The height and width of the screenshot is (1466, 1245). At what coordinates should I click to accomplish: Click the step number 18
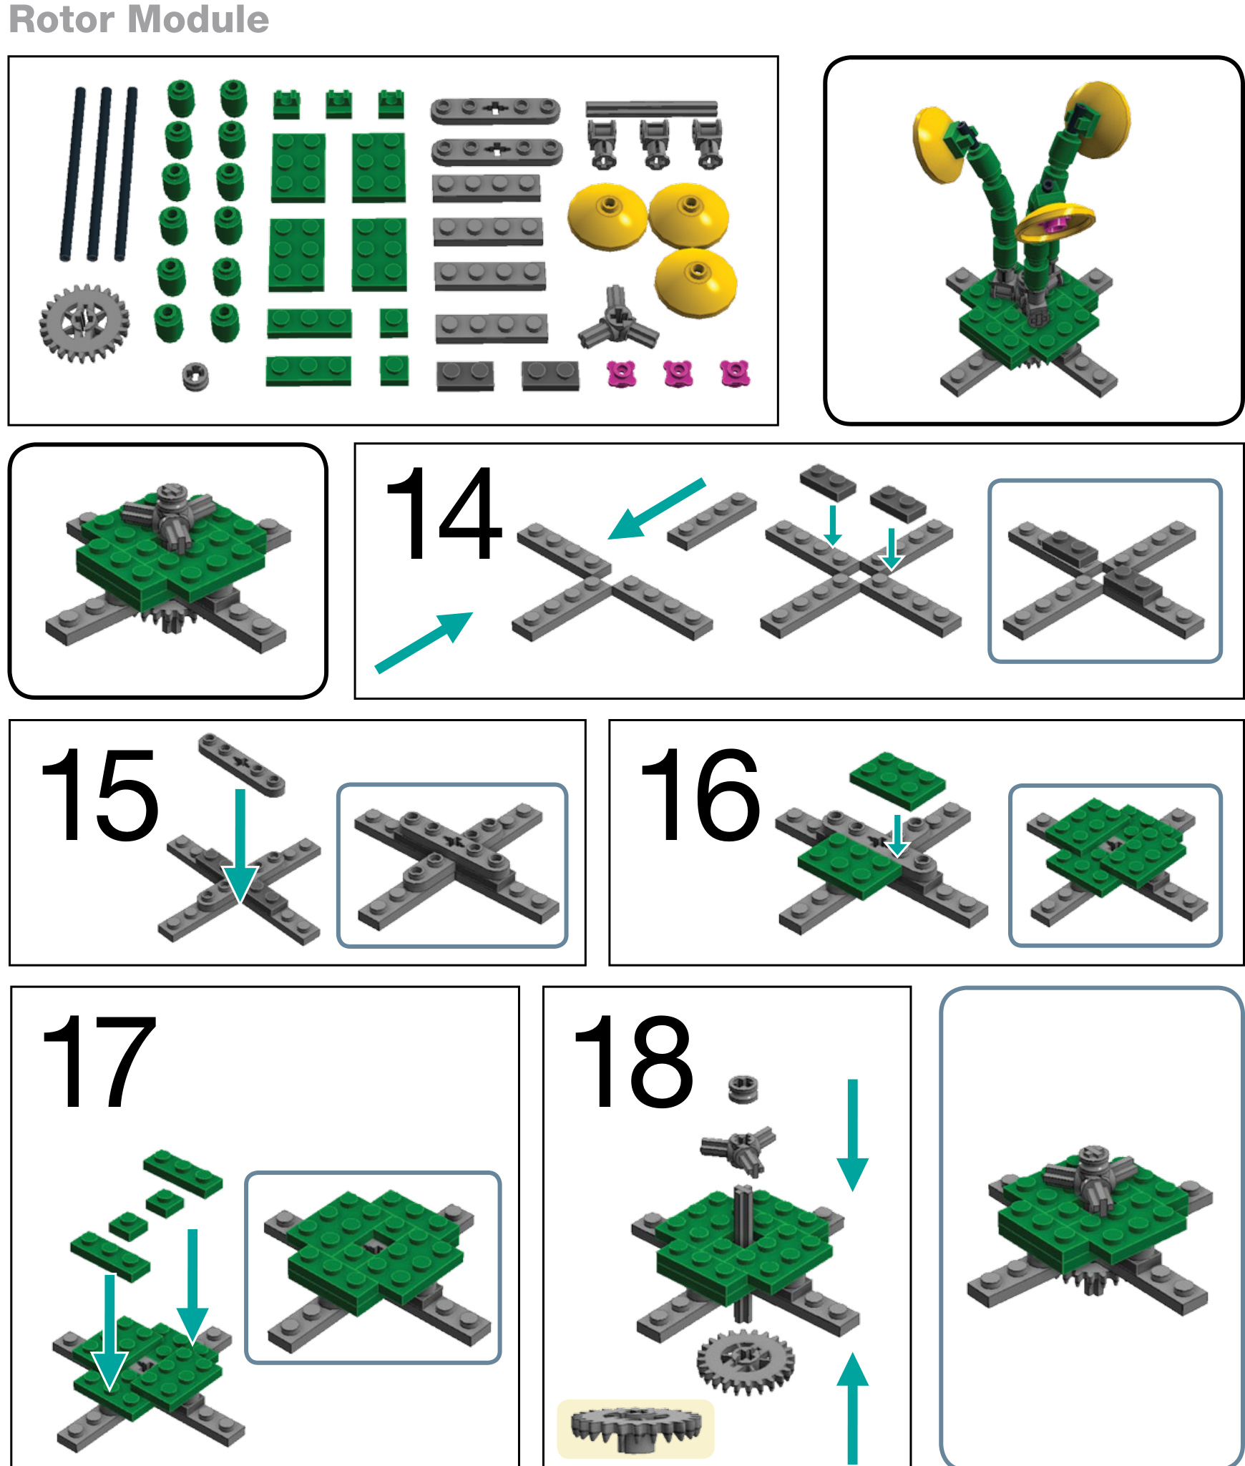click(633, 1060)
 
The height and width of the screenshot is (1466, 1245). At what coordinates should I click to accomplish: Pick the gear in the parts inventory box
click(84, 323)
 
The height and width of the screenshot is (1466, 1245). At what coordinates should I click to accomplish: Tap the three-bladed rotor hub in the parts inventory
click(617, 319)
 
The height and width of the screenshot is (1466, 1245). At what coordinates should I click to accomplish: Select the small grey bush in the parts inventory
click(195, 376)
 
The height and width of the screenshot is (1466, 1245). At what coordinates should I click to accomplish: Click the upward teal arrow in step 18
click(852, 1408)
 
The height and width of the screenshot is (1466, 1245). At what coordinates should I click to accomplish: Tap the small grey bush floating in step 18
click(743, 1090)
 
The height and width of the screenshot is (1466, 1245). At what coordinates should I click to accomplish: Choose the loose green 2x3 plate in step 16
click(897, 780)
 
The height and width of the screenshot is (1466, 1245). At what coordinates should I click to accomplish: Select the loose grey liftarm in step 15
click(242, 764)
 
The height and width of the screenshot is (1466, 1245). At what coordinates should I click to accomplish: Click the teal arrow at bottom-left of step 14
click(424, 642)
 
